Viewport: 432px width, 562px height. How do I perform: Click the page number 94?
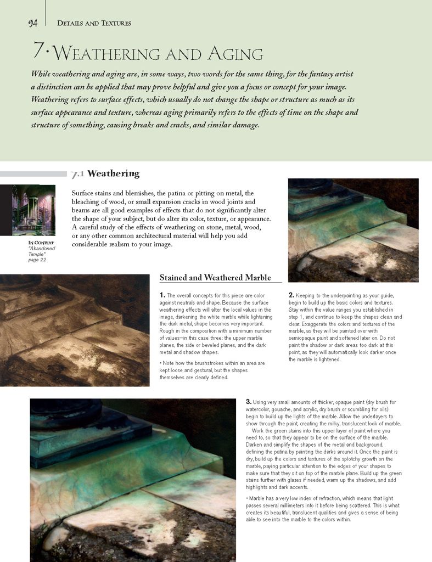pyautogui.click(x=32, y=23)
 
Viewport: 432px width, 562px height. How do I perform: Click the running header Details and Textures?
pyautogui.click(x=94, y=23)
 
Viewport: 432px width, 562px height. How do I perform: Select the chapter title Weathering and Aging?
pyautogui.click(x=159, y=54)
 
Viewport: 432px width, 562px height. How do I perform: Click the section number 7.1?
pyautogui.click(x=77, y=175)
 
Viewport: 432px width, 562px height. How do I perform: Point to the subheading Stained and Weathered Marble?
pyautogui.click(x=215, y=277)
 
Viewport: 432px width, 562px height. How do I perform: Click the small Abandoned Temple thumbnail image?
pyautogui.click(x=33, y=210)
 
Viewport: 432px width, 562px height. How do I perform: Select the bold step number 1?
pyautogui.click(x=162, y=295)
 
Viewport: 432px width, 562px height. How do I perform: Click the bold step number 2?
pyautogui.click(x=291, y=295)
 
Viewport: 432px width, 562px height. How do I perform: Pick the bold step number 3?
pyautogui.click(x=248, y=402)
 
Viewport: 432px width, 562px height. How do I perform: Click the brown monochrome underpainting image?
pyautogui.click(x=75, y=330)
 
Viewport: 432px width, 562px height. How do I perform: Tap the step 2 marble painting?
pyautogui.click(x=353, y=230)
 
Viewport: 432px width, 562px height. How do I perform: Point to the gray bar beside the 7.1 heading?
pyautogui.click(x=33, y=174)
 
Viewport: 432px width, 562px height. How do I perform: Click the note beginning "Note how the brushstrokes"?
pyautogui.click(x=212, y=370)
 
